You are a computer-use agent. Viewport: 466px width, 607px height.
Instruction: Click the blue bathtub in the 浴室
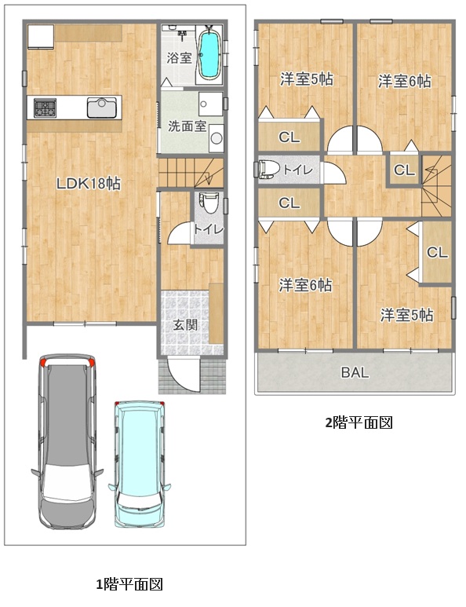pyautogui.click(x=209, y=54)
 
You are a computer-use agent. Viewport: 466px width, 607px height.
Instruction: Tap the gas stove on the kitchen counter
pyautogui.click(x=45, y=108)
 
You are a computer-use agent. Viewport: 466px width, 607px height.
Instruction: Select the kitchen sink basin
pyautogui.click(x=102, y=108)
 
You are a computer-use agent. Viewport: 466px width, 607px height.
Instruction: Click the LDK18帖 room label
pyautogui.click(x=89, y=184)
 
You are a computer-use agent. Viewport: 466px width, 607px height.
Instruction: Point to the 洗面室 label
pyautogui.click(x=187, y=126)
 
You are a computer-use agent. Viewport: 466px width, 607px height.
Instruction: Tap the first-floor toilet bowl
pyautogui.click(x=209, y=203)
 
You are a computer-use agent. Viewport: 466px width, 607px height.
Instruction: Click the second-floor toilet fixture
pyautogui.click(x=269, y=170)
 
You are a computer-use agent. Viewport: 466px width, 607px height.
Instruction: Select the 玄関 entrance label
pyautogui.click(x=186, y=325)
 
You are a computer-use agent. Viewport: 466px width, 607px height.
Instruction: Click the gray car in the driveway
pyautogui.click(x=67, y=441)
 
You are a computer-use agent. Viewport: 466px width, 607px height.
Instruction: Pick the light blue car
pyautogui.click(x=140, y=463)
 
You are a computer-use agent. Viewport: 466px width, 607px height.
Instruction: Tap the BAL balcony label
pyautogui.click(x=355, y=372)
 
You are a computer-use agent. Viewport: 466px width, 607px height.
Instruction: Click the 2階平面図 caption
pyautogui.click(x=359, y=422)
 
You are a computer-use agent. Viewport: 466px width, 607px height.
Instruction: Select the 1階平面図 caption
pyautogui.click(x=129, y=584)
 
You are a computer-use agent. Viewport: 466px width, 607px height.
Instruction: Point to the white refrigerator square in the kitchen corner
pyautogui.click(x=41, y=36)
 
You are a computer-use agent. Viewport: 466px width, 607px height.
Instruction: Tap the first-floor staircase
pyautogui.click(x=191, y=173)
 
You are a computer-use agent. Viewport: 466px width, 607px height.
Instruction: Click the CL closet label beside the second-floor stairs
pyautogui.click(x=404, y=170)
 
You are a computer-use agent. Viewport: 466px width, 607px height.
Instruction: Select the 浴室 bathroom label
pyautogui.click(x=180, y=58)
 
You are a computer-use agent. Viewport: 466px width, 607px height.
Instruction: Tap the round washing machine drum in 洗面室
pyautogui.click(x=217, y=138)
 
